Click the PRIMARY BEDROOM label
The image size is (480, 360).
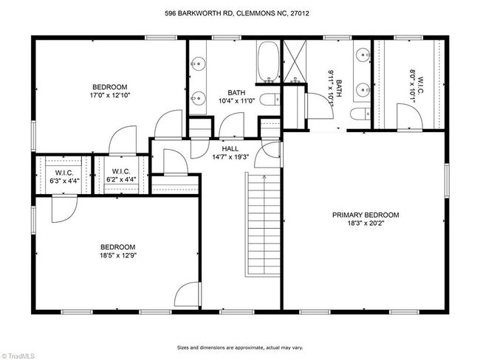366,215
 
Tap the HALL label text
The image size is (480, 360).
230,149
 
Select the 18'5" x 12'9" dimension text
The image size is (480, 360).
118,255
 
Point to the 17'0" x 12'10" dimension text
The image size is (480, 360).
110,95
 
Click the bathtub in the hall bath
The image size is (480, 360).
269,61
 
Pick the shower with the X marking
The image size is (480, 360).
295,61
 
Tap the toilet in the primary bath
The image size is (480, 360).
360,114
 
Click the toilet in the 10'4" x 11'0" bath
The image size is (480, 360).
270,100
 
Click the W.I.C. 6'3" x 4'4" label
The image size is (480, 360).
64,176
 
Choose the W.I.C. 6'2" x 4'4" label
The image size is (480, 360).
121,176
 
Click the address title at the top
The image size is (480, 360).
237,13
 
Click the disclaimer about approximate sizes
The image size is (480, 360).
240,347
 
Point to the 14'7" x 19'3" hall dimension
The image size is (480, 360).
230,157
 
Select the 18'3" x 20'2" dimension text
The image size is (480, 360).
366,224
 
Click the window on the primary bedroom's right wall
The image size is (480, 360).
447,181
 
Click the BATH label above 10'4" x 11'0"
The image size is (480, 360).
236,92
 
